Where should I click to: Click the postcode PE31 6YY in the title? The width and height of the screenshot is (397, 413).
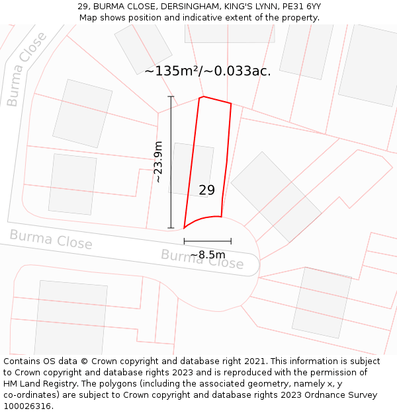[x=300, y=6]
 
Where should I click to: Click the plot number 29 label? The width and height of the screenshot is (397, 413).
[x=206, y=190]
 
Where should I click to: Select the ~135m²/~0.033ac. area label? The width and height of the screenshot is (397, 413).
[x=207, y=71]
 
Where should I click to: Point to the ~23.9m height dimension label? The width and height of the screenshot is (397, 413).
[x=158, y=162]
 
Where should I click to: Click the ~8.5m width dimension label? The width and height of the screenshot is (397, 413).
[x=208, y=254]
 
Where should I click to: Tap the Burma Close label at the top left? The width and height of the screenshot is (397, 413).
[x=26, y=69]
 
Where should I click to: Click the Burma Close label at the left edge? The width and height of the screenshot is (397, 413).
[x=51, y=239]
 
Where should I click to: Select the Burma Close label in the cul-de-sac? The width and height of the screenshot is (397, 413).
[x=202, y=258]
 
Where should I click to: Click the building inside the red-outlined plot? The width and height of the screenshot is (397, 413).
[x=191, y=169]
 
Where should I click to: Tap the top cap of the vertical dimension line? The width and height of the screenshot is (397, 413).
[x=171, y=97]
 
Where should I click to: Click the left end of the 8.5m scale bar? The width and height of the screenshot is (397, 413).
[x=185, y=241]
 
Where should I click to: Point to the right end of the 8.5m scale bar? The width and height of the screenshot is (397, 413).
[x=231, y=241]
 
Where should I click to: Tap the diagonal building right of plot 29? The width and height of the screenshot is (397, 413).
[x=275, y=196]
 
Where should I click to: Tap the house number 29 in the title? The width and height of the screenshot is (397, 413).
[x=83, y=6]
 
